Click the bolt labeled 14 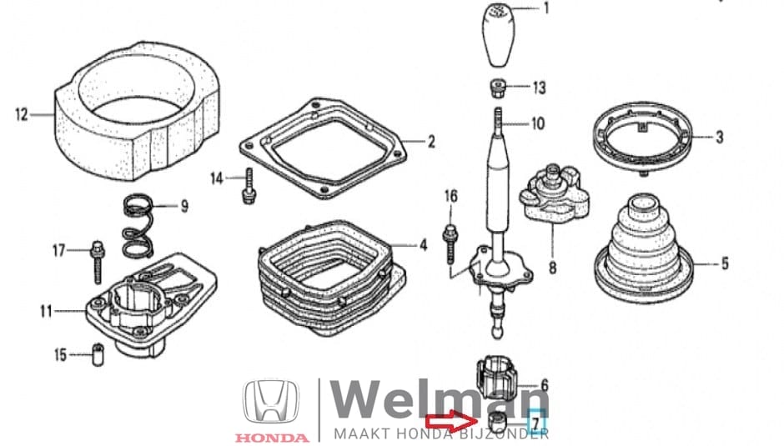(x=246, y=184)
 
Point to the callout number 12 (x=22, y=113)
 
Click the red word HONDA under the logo (x=270, y=436)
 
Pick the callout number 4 (x=423, y=246)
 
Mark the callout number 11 (x=46, y=312)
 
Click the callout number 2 (x=431, y=143)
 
